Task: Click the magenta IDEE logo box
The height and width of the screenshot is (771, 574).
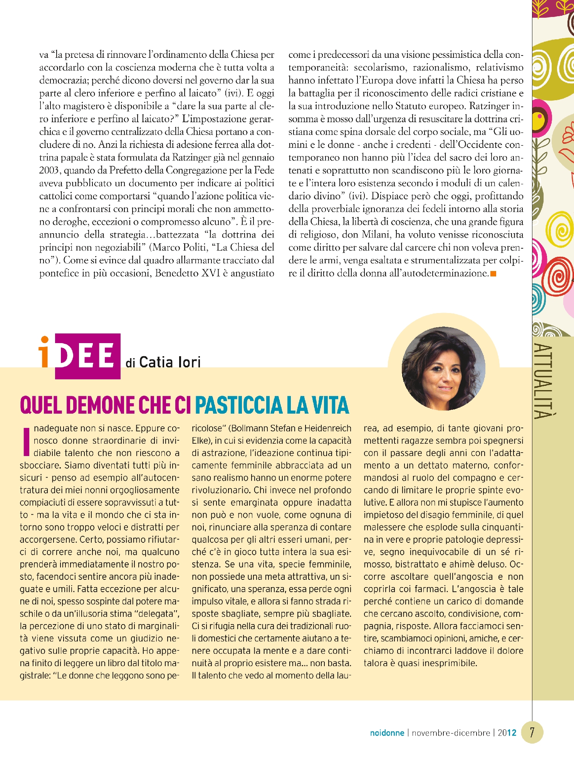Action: point(87,356)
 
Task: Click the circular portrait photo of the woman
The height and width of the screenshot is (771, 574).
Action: point(443,369)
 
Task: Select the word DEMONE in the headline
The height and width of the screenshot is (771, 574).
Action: point(100,405)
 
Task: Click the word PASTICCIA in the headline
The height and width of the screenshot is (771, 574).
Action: point(238,405)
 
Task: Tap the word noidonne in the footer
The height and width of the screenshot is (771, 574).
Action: point(387,733)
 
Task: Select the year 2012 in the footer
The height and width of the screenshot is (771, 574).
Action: point(507,733)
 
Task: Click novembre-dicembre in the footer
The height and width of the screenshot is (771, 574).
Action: point(451,733)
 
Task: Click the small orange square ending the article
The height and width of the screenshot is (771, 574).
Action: point(493,274)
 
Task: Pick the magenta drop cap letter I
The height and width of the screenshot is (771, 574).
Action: point(26,441)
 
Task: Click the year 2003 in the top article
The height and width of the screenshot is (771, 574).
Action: point(49,170)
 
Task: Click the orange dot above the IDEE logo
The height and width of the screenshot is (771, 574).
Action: point(45,340)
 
